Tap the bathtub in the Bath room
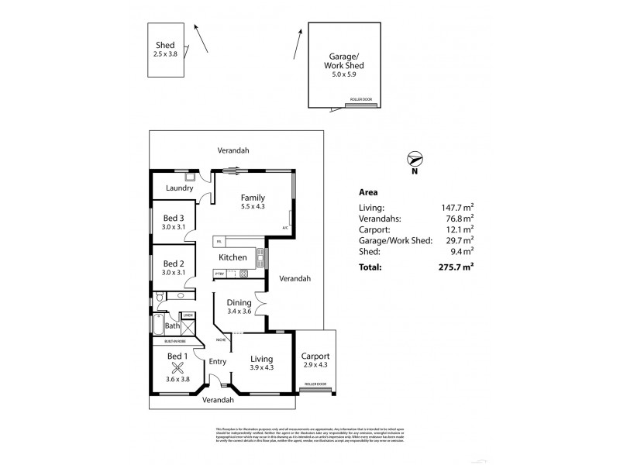[x=159, y=325]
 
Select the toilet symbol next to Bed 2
[x=159, y=296]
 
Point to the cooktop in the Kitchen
[x=243, y=273]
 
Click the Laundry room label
[x=179, y=188]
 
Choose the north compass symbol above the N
[x=417, y=159]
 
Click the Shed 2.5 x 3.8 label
[x=165, y=50]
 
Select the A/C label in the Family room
[x=285, y=228]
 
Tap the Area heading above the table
[x=369, y=192]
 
